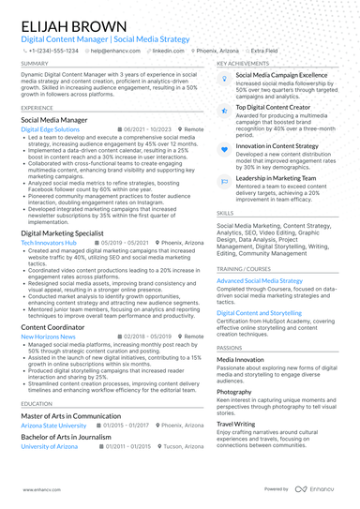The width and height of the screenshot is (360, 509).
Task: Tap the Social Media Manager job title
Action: coord(54,120)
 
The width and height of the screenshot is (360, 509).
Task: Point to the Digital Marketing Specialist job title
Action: coord(62,232)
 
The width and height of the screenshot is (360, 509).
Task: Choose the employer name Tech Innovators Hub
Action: coord(49,242)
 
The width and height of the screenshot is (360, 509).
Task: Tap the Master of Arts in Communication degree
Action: coord(71,415)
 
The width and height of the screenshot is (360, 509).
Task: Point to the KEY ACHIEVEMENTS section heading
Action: coord(248,64)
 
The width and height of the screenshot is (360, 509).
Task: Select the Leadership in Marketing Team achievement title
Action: coord(276,177)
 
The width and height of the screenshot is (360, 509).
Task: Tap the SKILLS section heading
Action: coord(225,213)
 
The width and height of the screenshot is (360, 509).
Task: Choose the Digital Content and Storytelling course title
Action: coord(259,312)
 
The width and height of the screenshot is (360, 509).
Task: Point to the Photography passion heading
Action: coord(233,392)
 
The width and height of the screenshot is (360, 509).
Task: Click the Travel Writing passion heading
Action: coord(235,424)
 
